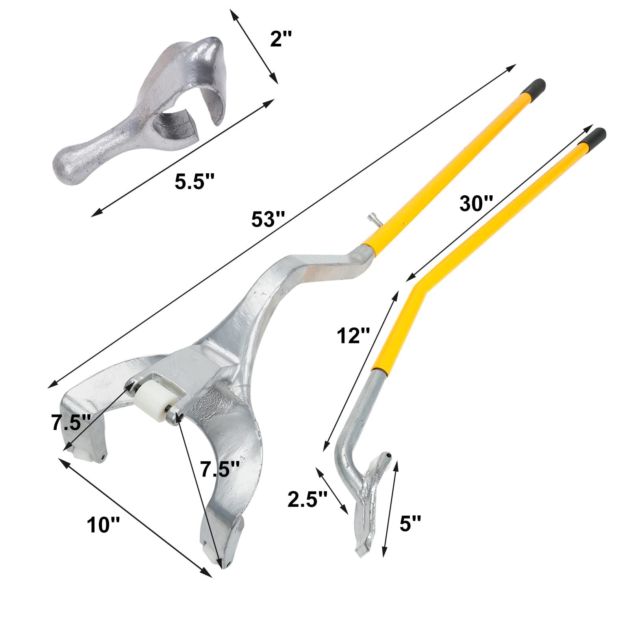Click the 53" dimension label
point(268,219)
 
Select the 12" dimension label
point(353,336)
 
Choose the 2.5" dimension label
point(308,499)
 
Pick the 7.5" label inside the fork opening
point(220,469)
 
